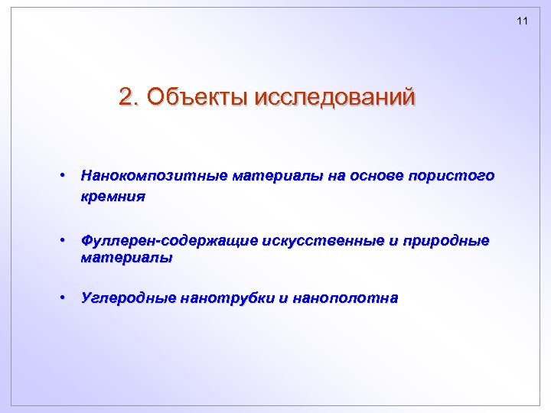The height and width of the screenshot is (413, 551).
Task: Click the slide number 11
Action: tap(523, 21)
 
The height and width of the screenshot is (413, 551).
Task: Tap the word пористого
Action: tap(454, 177)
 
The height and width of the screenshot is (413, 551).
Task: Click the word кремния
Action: tap(112, 197)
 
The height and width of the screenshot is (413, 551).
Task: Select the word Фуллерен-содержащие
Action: tap(169, 242)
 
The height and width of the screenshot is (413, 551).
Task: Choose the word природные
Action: tap(444, 242)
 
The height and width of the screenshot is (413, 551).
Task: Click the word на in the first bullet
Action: tap(336, 176)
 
